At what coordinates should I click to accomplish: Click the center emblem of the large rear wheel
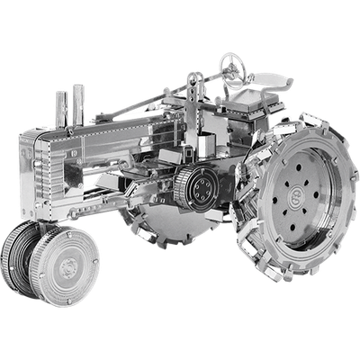pos(294,193)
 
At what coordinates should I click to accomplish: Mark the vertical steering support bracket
pos(191,99)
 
